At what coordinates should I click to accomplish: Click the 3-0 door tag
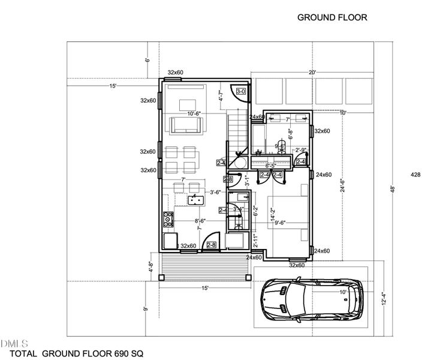[241, 91]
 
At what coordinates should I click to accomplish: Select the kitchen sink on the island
[195, 200]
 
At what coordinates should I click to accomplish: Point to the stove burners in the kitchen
[168, 220]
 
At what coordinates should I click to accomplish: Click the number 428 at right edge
[415, 175]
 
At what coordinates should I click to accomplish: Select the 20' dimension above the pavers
[312, 73]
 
